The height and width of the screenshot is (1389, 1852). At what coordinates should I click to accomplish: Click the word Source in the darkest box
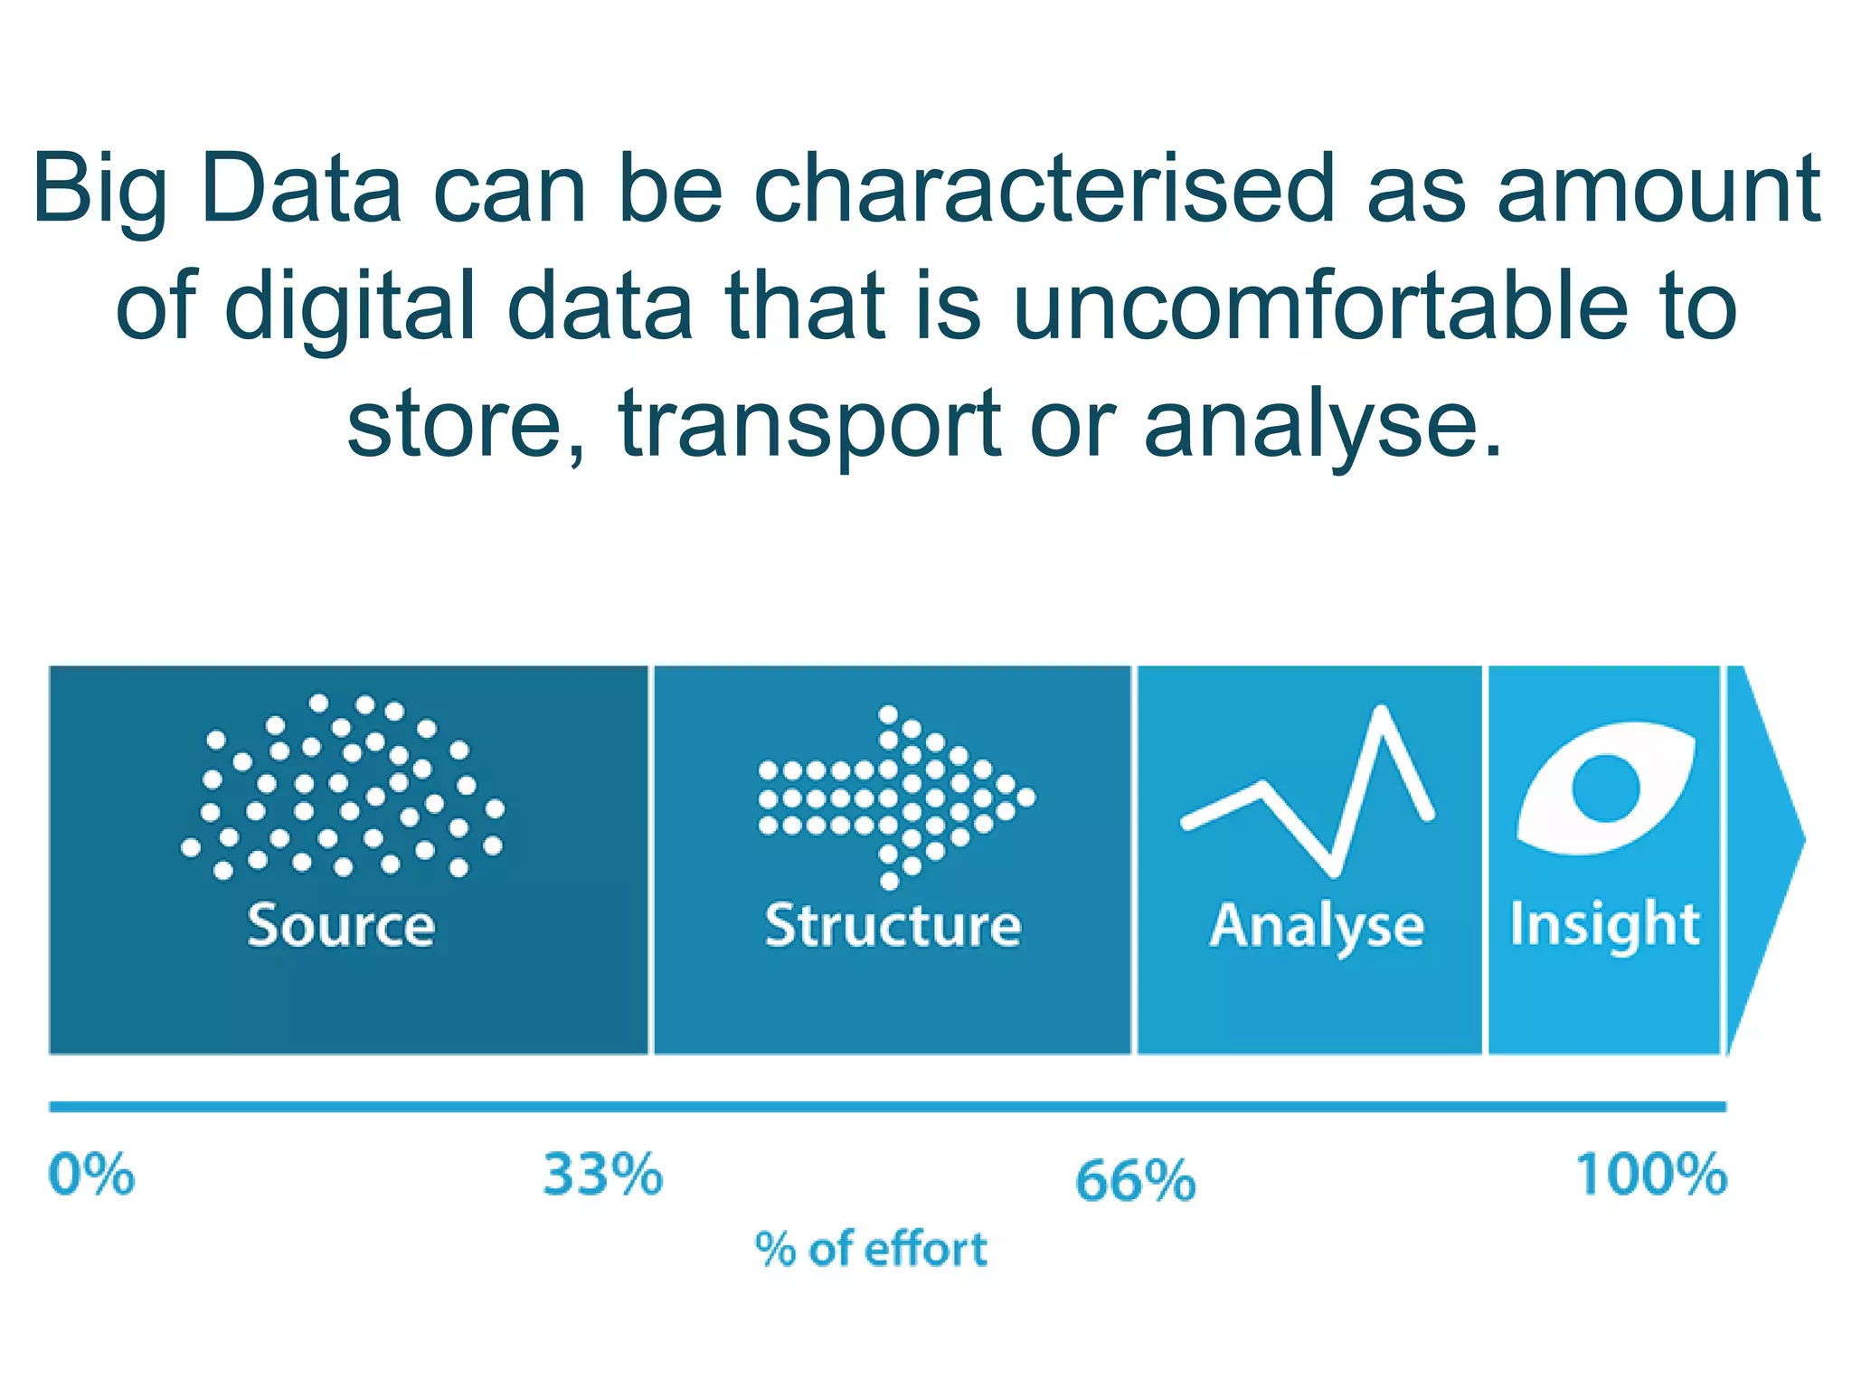pos(341,925)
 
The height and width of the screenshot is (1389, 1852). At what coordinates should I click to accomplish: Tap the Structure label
pos(893,925)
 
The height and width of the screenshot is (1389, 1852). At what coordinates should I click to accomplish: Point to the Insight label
pos(1605,924)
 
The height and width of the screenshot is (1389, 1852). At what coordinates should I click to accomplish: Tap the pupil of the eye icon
pos(1605,788)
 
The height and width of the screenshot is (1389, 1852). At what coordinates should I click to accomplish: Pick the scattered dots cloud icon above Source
pos(344,787)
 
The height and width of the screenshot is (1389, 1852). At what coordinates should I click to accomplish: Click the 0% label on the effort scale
pos(91,1175)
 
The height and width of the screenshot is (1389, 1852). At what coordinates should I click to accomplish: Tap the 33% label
pos(602,1175)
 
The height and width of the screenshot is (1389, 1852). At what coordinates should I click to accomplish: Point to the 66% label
pos(1135,1181)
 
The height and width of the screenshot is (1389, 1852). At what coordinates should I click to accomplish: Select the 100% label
pos(1651,1175)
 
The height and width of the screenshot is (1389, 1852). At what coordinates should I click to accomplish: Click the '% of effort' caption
pos(871,1250)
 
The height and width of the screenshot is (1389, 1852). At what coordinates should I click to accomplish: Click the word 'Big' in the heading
pos(99,190)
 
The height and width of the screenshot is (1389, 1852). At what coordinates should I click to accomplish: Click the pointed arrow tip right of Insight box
pos(1763,841)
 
